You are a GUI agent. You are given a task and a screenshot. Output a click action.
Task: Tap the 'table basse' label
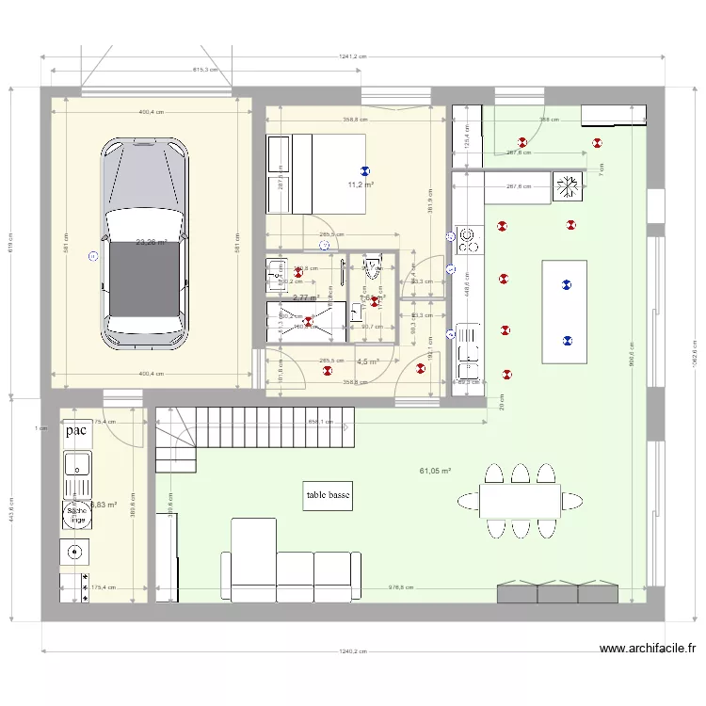(329, 496)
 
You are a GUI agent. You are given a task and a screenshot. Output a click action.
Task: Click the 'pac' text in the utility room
(77, 431)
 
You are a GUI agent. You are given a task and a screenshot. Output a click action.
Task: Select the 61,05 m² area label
(435, 470)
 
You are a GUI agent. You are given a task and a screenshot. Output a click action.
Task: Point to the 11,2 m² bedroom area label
(361, 185)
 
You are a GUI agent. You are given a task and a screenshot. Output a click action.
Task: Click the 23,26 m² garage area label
(151, 242)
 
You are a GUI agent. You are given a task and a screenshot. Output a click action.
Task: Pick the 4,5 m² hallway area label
(367, 361)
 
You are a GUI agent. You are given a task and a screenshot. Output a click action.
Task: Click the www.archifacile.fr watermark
(648, 649)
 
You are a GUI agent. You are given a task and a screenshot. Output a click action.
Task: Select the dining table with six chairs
(520, 500)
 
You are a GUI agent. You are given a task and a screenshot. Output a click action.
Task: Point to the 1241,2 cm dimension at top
(353, 56)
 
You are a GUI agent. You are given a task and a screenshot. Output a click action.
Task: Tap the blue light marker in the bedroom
(365, 170)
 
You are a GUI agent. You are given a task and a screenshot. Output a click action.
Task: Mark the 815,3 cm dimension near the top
(205, 70)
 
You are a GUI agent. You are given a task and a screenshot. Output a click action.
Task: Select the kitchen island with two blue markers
(565, 312)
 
